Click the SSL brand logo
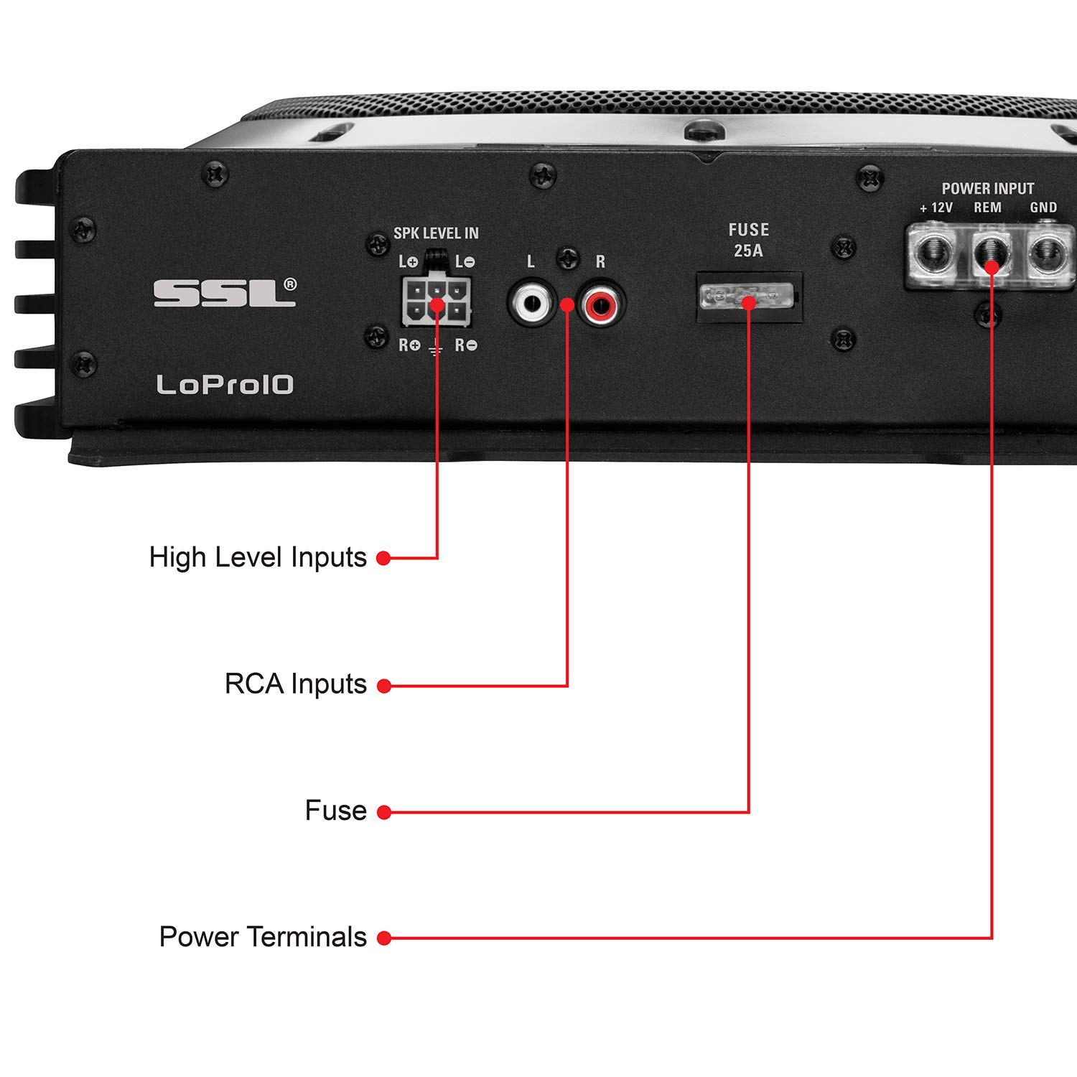coord(224,293)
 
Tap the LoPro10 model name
coord(225,385)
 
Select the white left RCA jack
coord(532,304)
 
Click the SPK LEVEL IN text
coord(436,233)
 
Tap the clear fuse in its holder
coord(747,296)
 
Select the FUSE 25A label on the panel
coord(748,240)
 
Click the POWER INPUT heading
coord(987,189)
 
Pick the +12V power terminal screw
coord(933,252)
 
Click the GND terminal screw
coord(1048,253)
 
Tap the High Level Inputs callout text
coord(258,558)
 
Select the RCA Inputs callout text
coord(295,684)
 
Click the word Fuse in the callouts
coord(335,811)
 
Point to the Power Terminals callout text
coord(263,937)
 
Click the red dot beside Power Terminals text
coord(384,938)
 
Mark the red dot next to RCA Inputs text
coord(384,686)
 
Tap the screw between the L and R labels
coord(568,258)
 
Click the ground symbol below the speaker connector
coord(436,350)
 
